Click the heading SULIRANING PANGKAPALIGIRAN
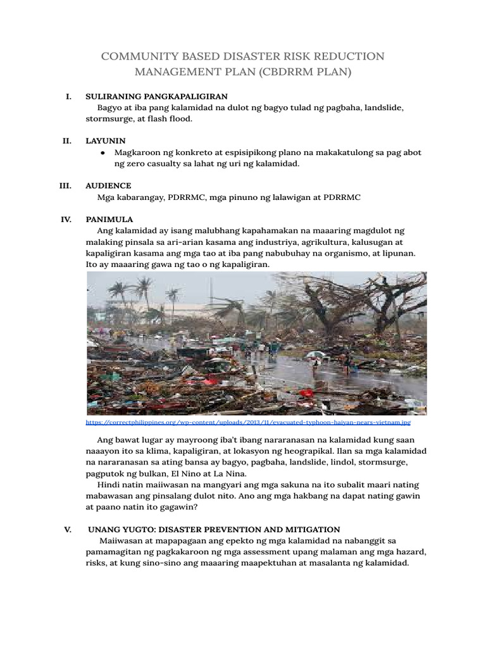[x=156, y=97]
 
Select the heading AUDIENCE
[x=108, y=186]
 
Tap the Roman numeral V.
[x=66, y=529]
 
